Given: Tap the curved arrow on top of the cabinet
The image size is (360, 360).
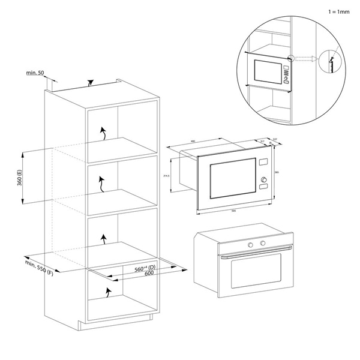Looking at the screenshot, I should [90, 82].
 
